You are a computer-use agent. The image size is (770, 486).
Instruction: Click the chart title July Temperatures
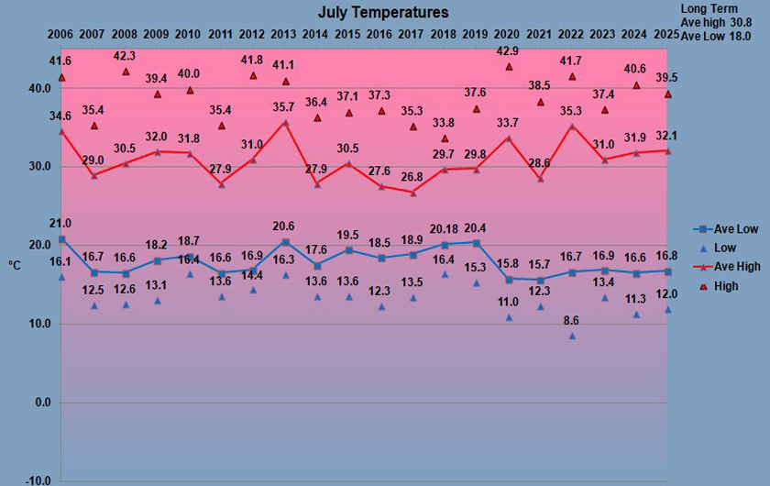click(383, 12)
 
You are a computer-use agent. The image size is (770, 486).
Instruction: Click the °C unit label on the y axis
click(15, 265)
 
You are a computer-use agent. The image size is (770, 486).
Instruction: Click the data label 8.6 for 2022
click(570, 320)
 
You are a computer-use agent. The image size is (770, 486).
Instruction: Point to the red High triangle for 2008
click(126, 72)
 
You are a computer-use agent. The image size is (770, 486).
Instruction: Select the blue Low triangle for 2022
click(572, 336)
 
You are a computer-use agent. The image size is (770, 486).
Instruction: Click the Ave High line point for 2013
click(285, 122)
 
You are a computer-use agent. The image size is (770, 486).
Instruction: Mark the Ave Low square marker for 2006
click(61, 239)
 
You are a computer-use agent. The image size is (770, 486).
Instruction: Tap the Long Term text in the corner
click(709, 8)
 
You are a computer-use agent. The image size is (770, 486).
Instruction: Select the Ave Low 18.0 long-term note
click(715, 35)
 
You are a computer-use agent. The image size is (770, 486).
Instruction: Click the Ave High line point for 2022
click(572, 127)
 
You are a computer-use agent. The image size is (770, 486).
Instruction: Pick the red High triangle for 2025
click(668, 94)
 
